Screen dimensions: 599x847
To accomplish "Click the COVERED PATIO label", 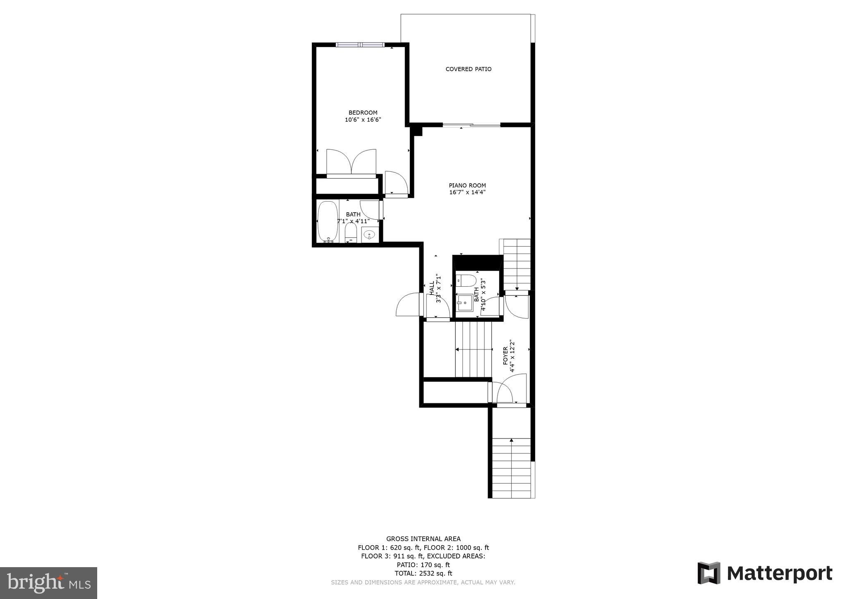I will pyautogui.click(x=468, y=69).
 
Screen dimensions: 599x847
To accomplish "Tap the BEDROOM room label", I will pyautogui.click(x=363, y=113).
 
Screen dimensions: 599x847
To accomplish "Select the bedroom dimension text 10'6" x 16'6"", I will pyautogui.click(x=363, y=120).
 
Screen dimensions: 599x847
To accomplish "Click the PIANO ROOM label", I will pyautogui.click(x=467, y=185).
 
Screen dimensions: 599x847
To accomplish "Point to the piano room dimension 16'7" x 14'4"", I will pyautogui.click(x=467, y=192).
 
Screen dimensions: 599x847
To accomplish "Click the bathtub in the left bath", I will pyautogui.click(x=328, y=221).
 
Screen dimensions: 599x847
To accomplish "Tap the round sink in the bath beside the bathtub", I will pyautogui.click(x=368, y=235).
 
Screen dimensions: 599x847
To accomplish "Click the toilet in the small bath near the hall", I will pyautogui.click(x=466, y=280).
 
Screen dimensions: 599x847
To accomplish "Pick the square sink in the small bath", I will pyautogui.click(x=465, y=302).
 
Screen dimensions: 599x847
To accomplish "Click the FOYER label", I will pyautogui.click(x=505, y=356).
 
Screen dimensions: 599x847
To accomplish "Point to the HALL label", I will pyautogui.click(x=432, y=288).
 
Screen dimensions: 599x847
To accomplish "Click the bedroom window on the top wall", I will pyautogui.click(x=360, y=45).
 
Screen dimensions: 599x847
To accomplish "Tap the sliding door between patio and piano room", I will pyautogui.click(x=471, y=125).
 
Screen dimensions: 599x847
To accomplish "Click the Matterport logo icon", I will pyautogui.click(x=709, y=573).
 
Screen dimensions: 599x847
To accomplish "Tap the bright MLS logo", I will pyautogui.click(x=48, y=583).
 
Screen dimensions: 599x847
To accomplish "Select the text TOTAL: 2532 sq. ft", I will pyautogui.click(x=423, y=573).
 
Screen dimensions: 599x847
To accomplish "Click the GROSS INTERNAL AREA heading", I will pyautogui.click(x=423, y=539).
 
